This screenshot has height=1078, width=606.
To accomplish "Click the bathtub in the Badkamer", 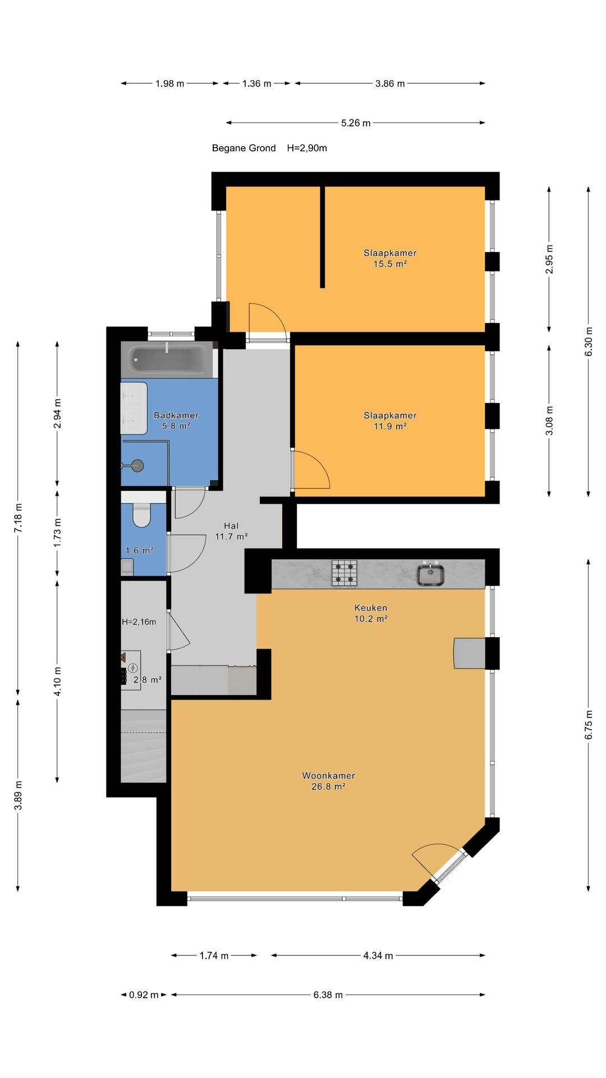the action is [167, 359].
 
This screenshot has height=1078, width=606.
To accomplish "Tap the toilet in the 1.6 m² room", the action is [141, 515].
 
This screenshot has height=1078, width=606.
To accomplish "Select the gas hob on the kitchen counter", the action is [344, 573].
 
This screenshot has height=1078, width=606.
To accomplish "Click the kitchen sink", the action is [430, 574].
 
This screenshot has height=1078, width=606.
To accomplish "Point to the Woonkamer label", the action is [328, 775].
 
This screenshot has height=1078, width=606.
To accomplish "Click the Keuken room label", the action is [371, 607].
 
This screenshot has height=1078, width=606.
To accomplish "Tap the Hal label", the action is [231, 526].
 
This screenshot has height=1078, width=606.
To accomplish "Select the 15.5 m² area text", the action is [390, 264].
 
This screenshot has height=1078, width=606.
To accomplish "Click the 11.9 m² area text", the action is [390, 426].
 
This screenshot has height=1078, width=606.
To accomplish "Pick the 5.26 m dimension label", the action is [356, 123].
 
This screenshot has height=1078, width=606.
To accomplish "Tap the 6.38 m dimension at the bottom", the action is [328, 995].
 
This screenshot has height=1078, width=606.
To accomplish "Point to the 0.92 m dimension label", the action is [144, 995].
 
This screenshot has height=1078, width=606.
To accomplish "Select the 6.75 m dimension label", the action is [589, 725].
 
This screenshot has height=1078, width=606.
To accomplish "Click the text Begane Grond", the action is [244, 148].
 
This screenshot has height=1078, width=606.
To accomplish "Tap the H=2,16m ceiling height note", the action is [139, 622].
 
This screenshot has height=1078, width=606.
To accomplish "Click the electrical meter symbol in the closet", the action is [133, 668].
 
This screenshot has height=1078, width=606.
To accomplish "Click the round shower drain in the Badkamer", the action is [137, 465].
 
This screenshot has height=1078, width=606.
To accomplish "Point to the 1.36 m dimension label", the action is [256, 84].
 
